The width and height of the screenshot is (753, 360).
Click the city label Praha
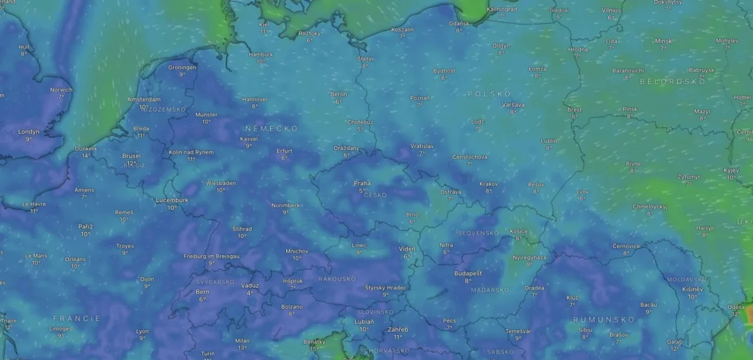(361, 183)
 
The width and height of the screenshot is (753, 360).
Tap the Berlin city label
(338, 94)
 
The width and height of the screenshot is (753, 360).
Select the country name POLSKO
(489, 93)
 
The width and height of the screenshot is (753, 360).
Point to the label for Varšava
(513, 105)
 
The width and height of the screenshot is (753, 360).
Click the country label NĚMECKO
(272, 128)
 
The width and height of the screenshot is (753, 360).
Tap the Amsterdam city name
(144, 99)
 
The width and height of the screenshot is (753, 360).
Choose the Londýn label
(29, 132)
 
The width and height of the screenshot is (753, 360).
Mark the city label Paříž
(85, 226)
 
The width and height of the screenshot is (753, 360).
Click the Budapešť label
(468, 273)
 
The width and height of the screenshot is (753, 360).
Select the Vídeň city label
(407, 248)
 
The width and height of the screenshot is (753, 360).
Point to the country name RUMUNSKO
(604, 320)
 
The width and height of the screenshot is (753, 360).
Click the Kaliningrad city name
(501, 9)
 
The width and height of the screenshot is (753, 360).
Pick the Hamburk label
(261, 54)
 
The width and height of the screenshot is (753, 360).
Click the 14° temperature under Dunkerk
(86, 156)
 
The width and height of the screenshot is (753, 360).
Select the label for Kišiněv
(692, 289)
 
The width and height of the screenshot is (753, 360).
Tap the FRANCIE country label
(77, 319)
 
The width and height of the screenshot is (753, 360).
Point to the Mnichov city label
(297, 251)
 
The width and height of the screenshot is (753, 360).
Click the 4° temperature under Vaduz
(250, 293)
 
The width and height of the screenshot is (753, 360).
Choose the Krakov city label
(488, 184)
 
